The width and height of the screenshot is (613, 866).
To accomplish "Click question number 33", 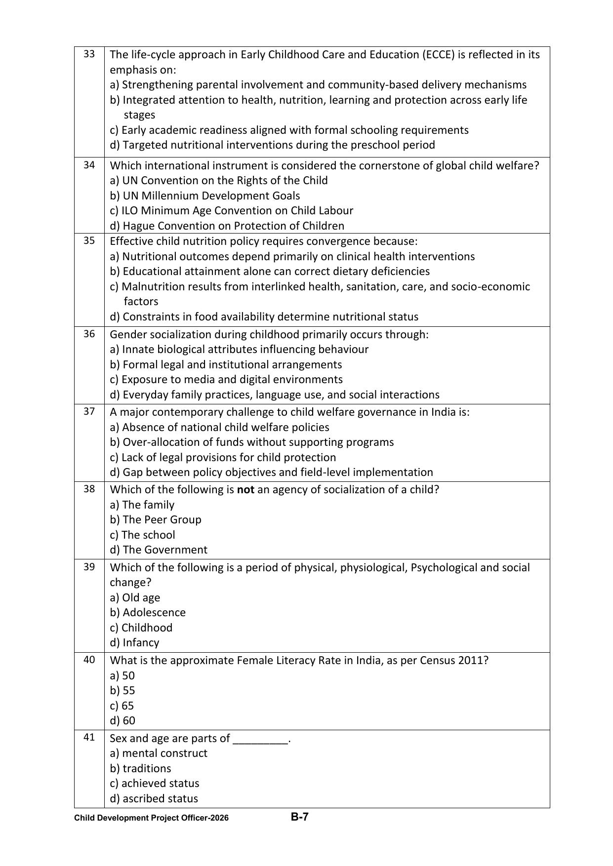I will pyautogui.click(x=89, y=54).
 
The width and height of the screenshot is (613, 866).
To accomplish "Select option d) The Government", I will pyautogui.click(x=159, y=550).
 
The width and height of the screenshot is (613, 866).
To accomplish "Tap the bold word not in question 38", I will pyautogui.click(x=245, y=489).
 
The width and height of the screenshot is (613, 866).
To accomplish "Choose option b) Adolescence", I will pyautogui.click(x=148, y=612).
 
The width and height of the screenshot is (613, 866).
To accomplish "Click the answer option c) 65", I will pyautogui.click(x=122, y=706).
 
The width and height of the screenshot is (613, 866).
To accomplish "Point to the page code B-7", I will pyautogui.click(x=299, y=817).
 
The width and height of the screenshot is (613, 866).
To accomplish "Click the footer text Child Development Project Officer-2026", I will pyautogui.click(x=151, y=818).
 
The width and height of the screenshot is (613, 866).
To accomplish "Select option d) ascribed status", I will pyautogui.click(x=154, y=798).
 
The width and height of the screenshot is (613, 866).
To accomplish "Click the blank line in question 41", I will pyautogui.click(x=260, y=739).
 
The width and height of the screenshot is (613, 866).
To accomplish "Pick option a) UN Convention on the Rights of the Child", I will pyautogui.click(x=219, y=180).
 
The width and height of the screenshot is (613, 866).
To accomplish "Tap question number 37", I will pyautogui.click(x=89, y=411).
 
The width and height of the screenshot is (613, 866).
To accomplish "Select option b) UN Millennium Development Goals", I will pyautogui.click(x=205, y=196).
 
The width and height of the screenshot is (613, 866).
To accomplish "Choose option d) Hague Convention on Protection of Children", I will pyautogui.click(x=227, y=226).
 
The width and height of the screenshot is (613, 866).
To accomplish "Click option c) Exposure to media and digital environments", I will pyautogui.click(x=226, y=379).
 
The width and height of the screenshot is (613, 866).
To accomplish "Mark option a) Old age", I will pyautogui.click(x=135, y=597).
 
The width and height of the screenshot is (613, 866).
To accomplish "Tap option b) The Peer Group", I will pyautogui.click(x=156, y=519).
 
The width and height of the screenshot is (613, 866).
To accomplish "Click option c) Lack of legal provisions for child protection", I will pyautogui.click(x=223, y=457).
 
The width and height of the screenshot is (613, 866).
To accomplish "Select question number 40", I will pyautogui.click(x=89, y=660).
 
